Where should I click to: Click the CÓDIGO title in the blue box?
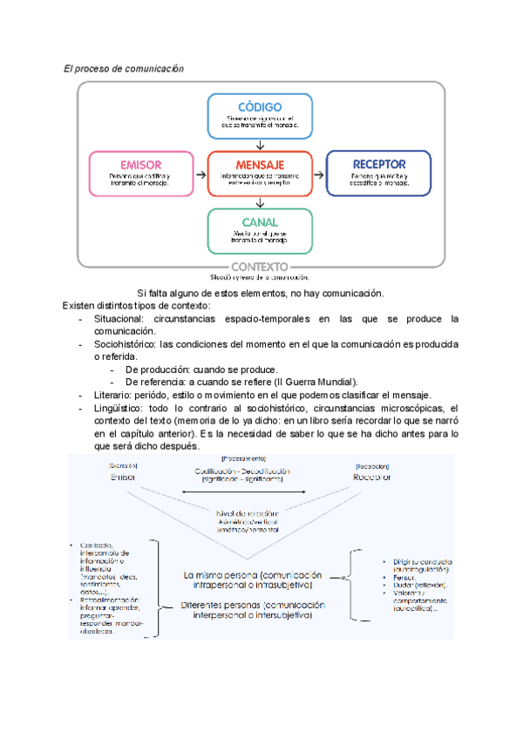[x=260, y=104]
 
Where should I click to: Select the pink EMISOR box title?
[x=139, y=164]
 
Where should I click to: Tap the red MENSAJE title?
[x=260, y=164]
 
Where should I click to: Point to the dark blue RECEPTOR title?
[x=378, y=164]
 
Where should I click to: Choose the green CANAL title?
[x=260, y=222]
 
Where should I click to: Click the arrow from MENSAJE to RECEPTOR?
[x=319, y=173]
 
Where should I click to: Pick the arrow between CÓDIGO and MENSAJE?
[x=260, y=144]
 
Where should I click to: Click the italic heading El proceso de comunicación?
[x=125, y=68]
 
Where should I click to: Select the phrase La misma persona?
[x=220, y=575]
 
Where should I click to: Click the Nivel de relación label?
[x=248, y=512]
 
